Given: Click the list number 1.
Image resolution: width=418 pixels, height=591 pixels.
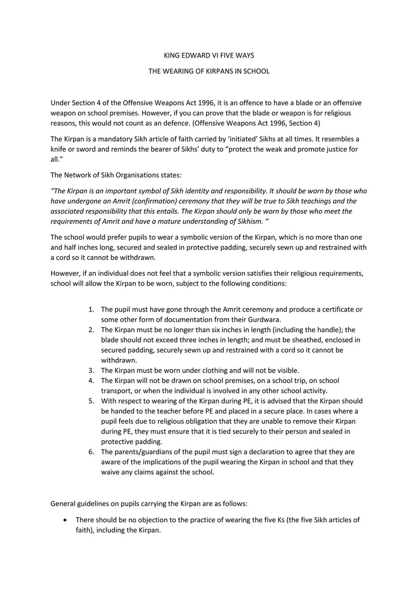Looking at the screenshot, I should coord(91,309).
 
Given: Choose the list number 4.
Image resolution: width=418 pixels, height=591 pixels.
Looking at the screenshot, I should coord(91,381).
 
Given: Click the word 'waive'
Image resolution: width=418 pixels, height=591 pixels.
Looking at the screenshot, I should coord(110,472).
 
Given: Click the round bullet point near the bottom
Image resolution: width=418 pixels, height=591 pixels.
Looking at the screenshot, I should coord(66,520).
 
